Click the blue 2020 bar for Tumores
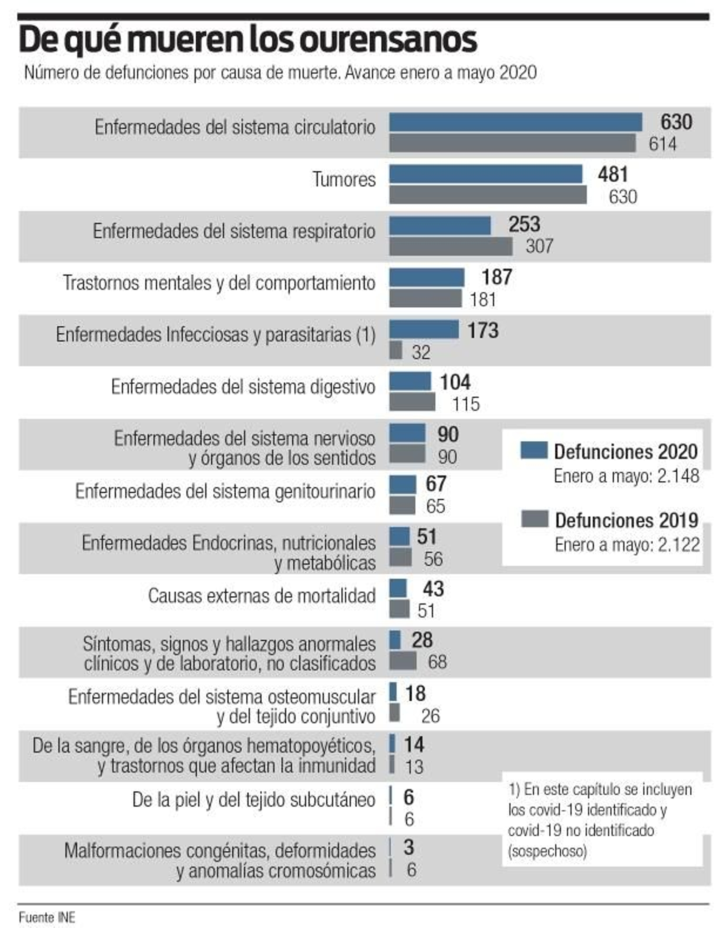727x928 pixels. click(x=485, y=174)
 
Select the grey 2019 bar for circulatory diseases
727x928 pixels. click(x=512, y=143)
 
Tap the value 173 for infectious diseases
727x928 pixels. click(x=483, y=330)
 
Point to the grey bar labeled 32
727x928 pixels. click(x=395, y=350)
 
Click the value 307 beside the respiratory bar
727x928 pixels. click(x=539, y=246)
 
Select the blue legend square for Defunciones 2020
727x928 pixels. click(x=533, y=450)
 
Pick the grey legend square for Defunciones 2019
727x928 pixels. click(x=534, y=519)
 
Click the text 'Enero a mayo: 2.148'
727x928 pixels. click(x=626, y=476)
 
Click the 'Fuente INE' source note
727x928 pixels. click(x=46, y=917)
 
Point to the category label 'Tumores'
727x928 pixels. click(x=344, y=179)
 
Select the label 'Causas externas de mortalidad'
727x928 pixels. click(x=262, y=596)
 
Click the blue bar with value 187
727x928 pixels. click(x=427, y=277)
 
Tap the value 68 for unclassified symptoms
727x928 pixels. click(x=437, y=662)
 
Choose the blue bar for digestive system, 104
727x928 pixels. click(x=410, y=381)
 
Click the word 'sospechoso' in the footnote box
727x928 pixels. click(x=547, y=851)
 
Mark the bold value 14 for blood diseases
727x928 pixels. click(x=413, y=744)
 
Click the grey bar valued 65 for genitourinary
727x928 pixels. click(x=402, y=505)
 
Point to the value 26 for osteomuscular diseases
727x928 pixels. click(x=430, y=716)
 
